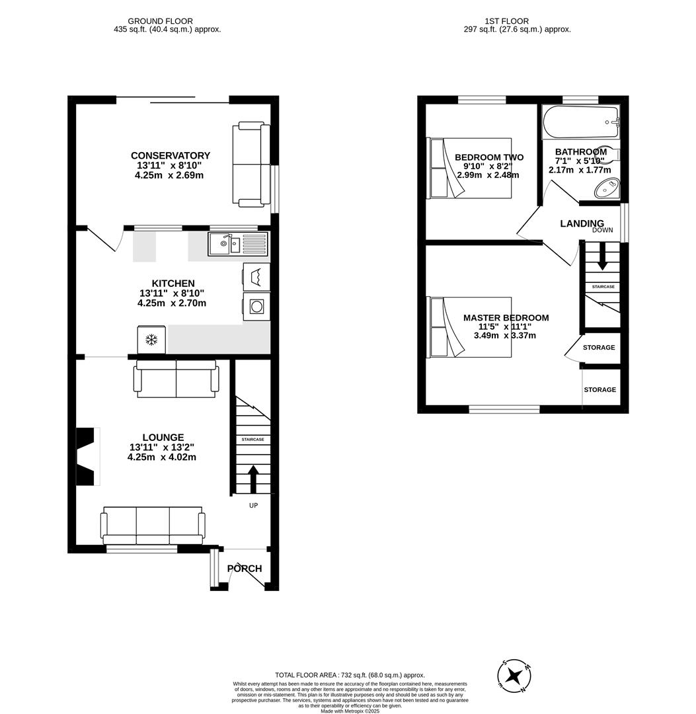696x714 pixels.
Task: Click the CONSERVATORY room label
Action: click(170, 156)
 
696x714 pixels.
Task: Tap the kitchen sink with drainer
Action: click(238, 244)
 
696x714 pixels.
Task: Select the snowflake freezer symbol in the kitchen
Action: click(151, 340)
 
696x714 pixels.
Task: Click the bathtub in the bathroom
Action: click(580, 122)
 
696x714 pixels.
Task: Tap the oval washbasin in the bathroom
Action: click(606, 190)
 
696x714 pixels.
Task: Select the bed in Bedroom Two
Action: click(470, 168)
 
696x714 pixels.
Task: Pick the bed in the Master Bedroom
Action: click(470, 327)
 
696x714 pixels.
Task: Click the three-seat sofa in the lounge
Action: click(153, 524)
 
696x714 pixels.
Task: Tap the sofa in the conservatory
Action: click(251, 163)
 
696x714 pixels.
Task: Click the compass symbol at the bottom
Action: click(514, 676)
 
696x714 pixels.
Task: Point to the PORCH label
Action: click(245, 569)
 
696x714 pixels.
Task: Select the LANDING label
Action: click(582, 223)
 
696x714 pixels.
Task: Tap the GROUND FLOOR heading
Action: click(160, 21)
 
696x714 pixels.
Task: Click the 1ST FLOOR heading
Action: click(506, 21)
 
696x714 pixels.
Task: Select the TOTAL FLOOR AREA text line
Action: click(350, 675)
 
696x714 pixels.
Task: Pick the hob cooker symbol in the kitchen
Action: click(256, 307)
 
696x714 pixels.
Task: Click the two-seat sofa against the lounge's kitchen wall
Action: click(176, 379)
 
